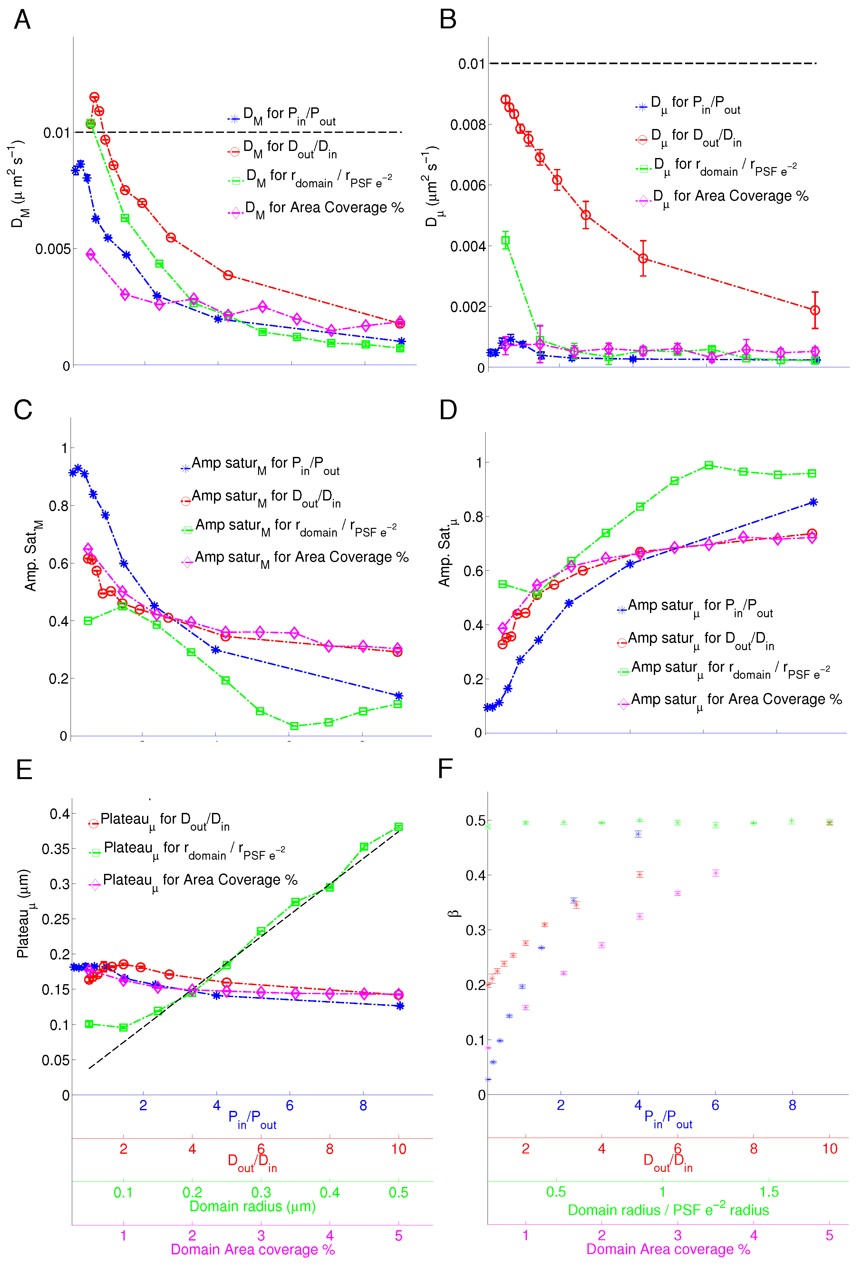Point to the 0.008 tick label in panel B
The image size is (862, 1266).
(467, 125)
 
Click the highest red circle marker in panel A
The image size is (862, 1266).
(94, 97)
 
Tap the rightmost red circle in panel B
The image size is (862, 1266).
(815, 310)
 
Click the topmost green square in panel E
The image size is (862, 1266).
(398, 827)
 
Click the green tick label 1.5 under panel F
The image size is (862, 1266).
(769, 1192)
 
